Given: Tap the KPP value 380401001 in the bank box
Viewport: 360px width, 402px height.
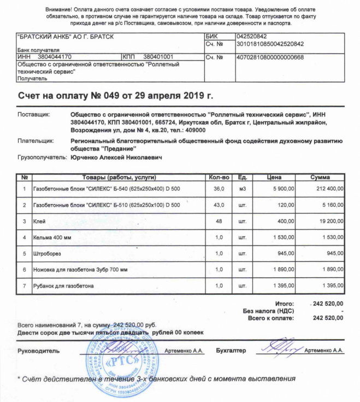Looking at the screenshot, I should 158,57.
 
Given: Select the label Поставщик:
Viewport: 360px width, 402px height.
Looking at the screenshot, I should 34,114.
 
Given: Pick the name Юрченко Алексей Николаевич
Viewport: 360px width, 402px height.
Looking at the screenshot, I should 116,157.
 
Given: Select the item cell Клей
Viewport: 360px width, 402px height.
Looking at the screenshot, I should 39,222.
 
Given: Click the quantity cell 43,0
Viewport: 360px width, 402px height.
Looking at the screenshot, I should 219,205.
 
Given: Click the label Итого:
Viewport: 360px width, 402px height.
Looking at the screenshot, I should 284,304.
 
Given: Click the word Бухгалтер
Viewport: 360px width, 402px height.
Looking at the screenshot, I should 231,350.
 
